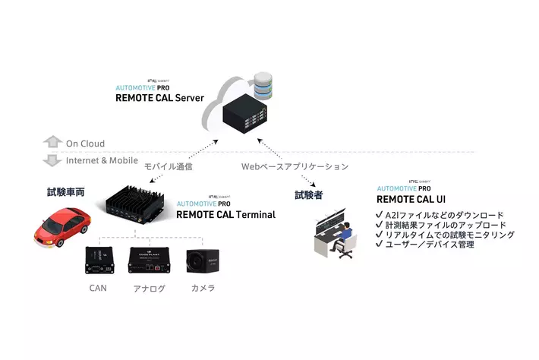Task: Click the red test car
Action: [x=61, y=226]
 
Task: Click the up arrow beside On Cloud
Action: [x=52, y=143]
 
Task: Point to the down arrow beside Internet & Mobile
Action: [x=52, y=160]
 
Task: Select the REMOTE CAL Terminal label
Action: [x=225, y=215]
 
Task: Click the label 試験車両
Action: [x=65, y=193]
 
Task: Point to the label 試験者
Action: [x=309, y=195]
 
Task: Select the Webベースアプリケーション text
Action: [x=295, y=166]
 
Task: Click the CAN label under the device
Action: [x=98, y=288]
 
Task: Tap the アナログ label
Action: [x=149, y=289]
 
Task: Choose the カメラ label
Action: [x=203, y=288]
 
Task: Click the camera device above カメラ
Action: [x=203, y=261]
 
